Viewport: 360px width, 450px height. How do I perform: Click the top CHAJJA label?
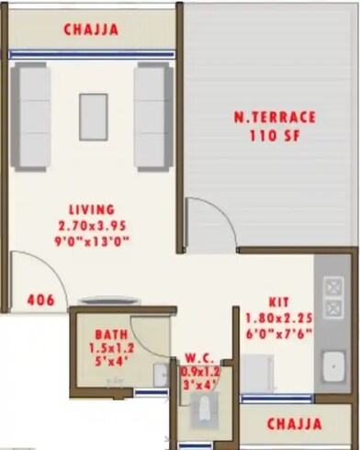pyautogui.click(x=91, y=29)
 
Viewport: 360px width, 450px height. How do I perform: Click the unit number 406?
pyautogui.click(x=40, y=299)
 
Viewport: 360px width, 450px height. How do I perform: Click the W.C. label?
pyautogui.click(x=201, y=357)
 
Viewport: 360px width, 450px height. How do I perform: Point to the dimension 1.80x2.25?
pyautogui.click(x=279, y=318)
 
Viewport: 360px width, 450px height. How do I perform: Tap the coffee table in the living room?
pyautogui.click(x=93, y=117)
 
